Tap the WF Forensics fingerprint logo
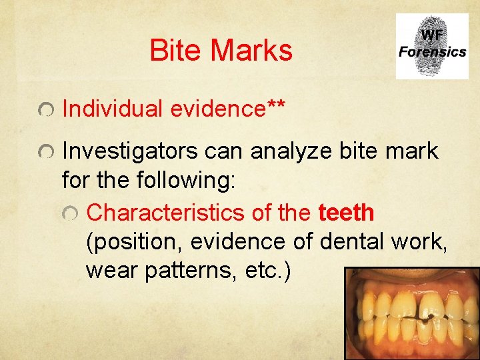tap(431, 46)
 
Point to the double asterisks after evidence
tap(277, 107)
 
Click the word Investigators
tap(130, 152)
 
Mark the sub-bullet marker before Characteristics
tap(71, 213)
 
